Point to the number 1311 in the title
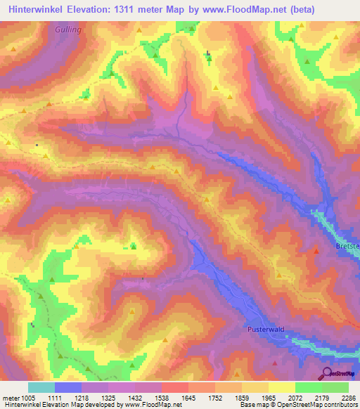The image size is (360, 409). point(131,9)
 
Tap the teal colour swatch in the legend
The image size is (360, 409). point(41,387)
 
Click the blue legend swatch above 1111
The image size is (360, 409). point(68,387)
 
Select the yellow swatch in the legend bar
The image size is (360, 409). point(282,387)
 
